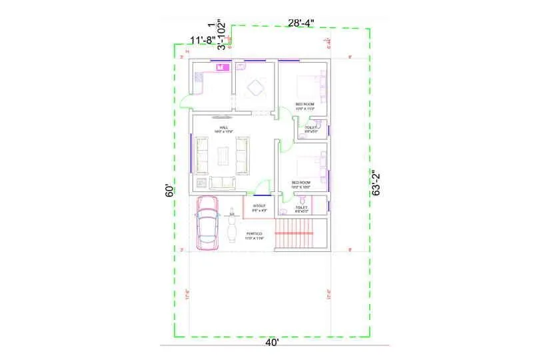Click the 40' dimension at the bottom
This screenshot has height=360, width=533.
[x=272, y=343]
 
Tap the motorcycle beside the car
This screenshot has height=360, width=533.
[x=233, y=227]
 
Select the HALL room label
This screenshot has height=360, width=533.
[x=224, y=127]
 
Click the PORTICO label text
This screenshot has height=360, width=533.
[x=254, y=233]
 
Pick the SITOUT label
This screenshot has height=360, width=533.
[x=259, y=206]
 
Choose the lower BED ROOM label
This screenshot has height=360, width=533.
[x=301, y=182]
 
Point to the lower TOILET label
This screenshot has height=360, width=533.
[x=301, y=207]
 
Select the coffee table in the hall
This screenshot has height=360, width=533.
[x=225, y=155]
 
